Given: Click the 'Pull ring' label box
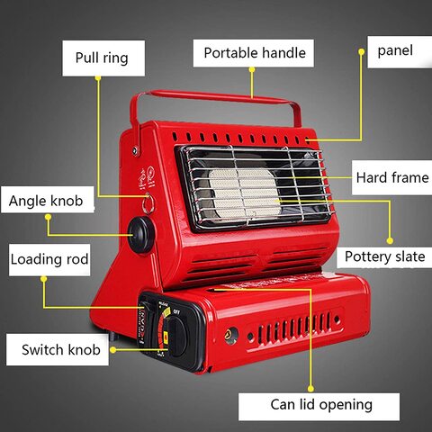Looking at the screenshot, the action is (103, 58).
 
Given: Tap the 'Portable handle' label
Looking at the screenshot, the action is (254, 53).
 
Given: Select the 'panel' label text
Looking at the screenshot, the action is (395, 50).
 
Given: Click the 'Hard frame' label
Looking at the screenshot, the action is (391, 177).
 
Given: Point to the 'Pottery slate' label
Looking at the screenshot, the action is (384, 256).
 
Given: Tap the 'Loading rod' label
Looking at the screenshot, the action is (49, 260).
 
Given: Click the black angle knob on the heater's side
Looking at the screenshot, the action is (141, 235).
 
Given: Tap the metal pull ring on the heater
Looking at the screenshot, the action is (148, 203).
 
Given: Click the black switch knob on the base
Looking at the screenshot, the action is (177, 337).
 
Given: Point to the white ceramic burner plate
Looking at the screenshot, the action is (245, 193).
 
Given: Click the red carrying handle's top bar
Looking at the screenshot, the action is (214, 96).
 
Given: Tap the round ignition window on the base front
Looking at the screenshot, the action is (231, 336).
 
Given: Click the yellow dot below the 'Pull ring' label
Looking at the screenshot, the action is (98, 78).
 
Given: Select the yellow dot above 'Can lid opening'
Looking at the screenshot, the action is (310, 389).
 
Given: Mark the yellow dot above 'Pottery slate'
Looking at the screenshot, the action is (390, 240).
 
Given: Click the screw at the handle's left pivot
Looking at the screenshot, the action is (135, 150).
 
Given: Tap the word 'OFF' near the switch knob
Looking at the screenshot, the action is (176, 312).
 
